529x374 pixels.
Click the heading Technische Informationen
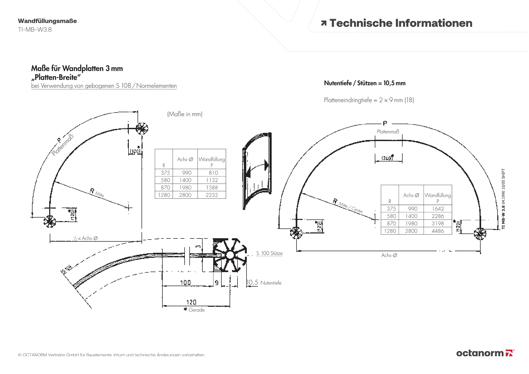pyautogui.click(x=400, y=23)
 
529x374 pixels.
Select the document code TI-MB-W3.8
pyautogui.click(x=35, y=29)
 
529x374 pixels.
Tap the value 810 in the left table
pyautogui.click(x=213, y=173)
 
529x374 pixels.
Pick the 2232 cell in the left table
pyautogui.click(x=212, y=195)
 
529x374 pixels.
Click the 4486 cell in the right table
pyautogui.click(x=438, y=231)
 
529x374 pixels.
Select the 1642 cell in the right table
pyautogui.click(x=438, y=209)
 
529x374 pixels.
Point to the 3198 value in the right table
pyautogui.click(x=438, y=224)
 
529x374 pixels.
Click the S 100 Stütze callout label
pyautogui.click(x=269, y=253)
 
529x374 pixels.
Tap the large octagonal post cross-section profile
pyautogui.click(x=230, y=255)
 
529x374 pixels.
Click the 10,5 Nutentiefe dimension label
pyautogui.click(x=264, y=283)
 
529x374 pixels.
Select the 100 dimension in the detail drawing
pyautogui.click(x=185, y=282)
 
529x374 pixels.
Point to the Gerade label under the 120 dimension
pyautogui.click(x=196, y=310)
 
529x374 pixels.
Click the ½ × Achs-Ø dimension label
pyautogui.click(x=85, y=238)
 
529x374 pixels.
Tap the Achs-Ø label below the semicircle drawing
pyautogui.click(x=389, y=255)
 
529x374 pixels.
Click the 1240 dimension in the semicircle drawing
pyautogui.click(x=387, y=158)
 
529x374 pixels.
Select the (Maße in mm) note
pyautogui.click(x=185, y=114)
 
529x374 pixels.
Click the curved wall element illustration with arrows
pyautogui.click(x=257, y=171)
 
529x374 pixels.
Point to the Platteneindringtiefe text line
pyautogui.click(x=369, y=100)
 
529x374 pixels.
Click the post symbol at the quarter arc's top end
pyautogui.click(x=142, y=129)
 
